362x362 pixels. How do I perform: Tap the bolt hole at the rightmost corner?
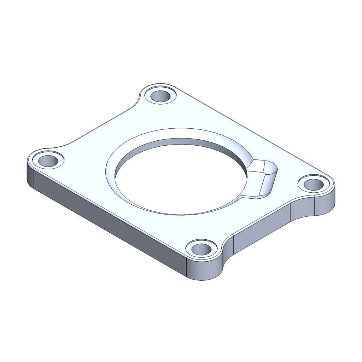coord(314,185)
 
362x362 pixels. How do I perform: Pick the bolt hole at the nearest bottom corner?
coord(202,249)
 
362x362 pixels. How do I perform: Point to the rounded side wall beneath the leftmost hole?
coord(30,175)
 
